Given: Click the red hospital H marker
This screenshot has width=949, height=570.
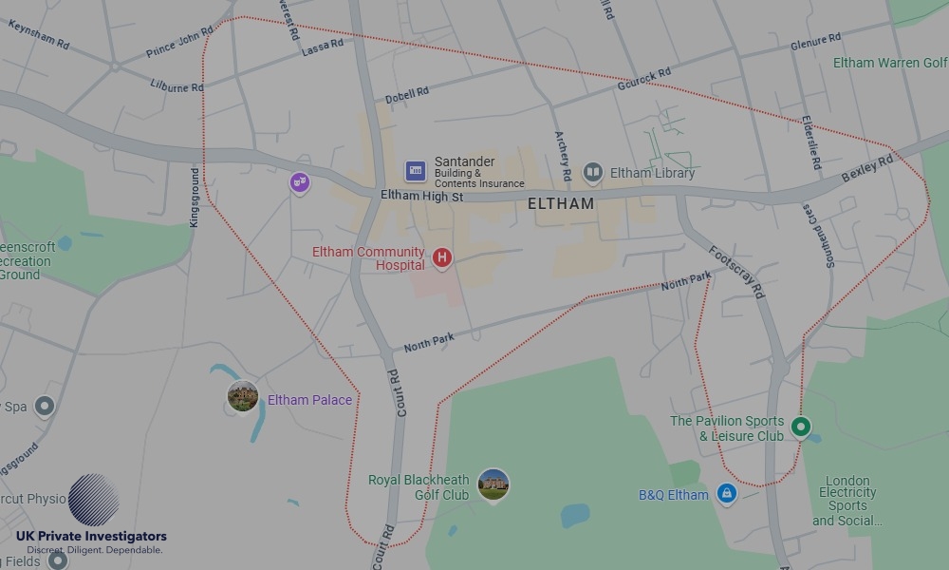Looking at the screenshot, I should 441,257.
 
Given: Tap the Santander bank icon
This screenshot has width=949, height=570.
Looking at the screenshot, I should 415,171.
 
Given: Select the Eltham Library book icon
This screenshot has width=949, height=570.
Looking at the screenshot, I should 593,172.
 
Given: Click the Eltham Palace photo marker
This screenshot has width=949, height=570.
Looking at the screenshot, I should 243,396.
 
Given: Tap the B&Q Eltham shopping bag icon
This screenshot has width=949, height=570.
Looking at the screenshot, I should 727,494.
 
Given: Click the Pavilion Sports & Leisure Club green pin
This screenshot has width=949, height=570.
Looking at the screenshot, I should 801,427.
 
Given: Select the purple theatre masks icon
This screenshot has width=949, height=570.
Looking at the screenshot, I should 300,181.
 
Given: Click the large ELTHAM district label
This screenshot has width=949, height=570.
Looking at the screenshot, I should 561,203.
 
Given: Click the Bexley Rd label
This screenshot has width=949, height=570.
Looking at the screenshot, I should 867,170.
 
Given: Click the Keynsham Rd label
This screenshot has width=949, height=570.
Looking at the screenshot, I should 39,36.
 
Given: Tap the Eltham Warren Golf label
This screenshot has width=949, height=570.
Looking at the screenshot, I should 889,63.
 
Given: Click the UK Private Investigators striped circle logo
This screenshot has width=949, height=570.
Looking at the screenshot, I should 94,500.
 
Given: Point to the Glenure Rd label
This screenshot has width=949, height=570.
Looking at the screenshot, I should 815,43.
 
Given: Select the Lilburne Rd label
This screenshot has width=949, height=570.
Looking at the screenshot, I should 177,86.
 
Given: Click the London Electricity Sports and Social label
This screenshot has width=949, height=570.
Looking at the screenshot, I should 847,501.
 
